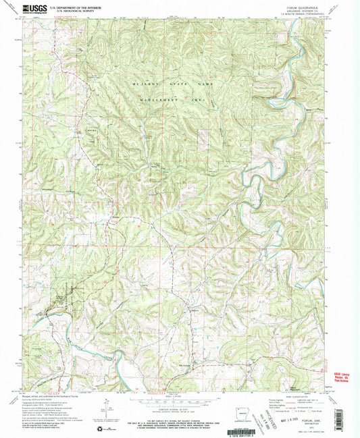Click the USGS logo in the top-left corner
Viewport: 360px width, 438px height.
coord(32,9)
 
